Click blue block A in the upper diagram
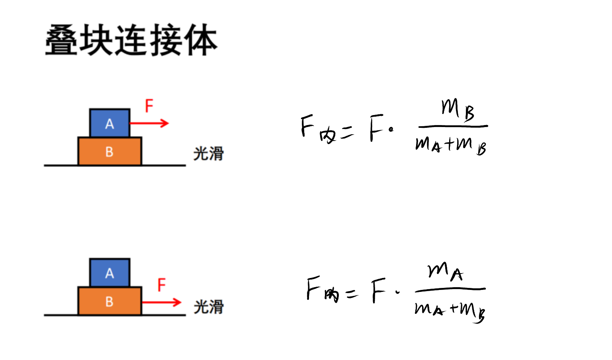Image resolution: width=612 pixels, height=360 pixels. coord(110,123)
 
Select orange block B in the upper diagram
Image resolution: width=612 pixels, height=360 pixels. coord(110,151)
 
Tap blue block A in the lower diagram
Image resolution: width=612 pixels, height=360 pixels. coord(110,272)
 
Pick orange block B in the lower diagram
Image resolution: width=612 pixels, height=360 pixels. coord(110,301)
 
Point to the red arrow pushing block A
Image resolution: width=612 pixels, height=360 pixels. coord(149,123)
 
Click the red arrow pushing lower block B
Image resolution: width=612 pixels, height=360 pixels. coord(162,302)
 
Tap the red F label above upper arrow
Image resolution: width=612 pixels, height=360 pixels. coord(149,106)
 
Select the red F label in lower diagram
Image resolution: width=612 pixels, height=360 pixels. coord(162,285)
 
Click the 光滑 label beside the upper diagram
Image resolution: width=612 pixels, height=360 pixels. coord(209,154)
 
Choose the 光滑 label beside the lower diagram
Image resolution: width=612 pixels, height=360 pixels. coord(209,307)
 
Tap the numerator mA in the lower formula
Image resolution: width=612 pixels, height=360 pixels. coord(445,271)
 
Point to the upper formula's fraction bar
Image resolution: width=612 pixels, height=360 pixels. coord(453,127)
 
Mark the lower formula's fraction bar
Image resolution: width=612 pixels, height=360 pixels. coord(450,290)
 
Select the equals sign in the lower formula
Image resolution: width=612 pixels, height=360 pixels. coord(352,294)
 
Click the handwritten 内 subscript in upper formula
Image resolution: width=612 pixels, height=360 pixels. coord(327,136)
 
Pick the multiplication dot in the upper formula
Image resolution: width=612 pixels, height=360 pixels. coord(391,129)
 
